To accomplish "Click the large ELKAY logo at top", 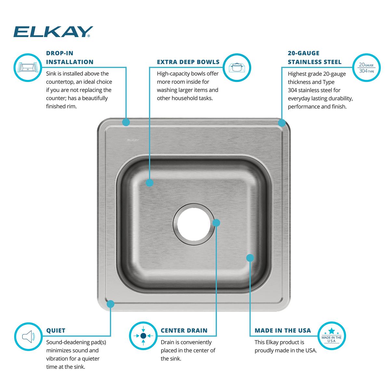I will (x=53, y=32).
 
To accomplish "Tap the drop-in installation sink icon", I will (x=28, y=68).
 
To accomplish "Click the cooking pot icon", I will (x=237, y=68).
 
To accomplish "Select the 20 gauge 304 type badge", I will (x=366, y=68).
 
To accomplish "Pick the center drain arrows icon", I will (x=143, y=335).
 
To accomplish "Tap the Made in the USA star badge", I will (x=331, y=336).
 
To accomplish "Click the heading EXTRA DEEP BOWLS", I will (x=188, y=62).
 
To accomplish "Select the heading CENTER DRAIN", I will (x=184, y=331).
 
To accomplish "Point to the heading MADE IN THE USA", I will (x=283, y=331).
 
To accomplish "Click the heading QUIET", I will (x=56, y=331).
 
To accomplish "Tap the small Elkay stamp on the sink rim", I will (x=133, y=141).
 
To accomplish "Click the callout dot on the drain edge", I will (x=216, y=223).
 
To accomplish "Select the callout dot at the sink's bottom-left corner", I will (x=110, y=304).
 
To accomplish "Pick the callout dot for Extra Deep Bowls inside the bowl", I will (x=149, y=183).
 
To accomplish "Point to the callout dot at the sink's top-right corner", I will (x=282, y=123).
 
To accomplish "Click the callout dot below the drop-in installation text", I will (x=126, y=122).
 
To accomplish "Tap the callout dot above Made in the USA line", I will (x=250, y=258).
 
